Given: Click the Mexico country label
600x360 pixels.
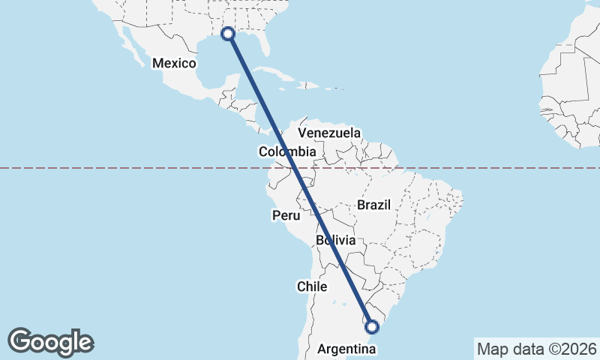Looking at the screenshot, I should coord(174,63).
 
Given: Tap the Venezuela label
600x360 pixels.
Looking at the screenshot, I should coord(329,133).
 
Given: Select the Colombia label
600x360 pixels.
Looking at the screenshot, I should coord(288,151).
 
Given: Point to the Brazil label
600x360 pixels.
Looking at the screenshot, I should coord(373,205).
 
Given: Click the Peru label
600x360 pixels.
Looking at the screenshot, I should coord(286,215).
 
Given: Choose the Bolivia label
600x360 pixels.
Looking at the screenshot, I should coord(335,241).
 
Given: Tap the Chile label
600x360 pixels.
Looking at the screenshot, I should coord(312,286).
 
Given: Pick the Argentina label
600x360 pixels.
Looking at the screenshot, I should coord(346,349).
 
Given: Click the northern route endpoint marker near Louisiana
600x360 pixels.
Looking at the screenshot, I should coord(229,34).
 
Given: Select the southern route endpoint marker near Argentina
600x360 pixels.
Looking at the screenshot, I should coord(371,326).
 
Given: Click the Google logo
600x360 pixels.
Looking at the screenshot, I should coord(51,342).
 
